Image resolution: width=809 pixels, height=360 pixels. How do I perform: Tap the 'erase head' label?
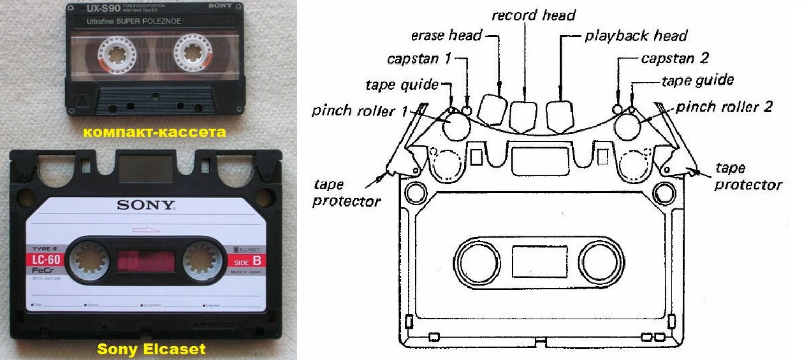click(x=446, y=35)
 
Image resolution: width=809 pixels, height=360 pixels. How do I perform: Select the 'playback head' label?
click(x=636, y=35)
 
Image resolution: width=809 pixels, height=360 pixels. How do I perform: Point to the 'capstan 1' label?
click(x=419, y=59)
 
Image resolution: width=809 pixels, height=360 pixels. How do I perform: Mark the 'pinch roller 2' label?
click(x=724, y=106)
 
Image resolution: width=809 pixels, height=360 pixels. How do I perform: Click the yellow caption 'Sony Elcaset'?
click(x=151, y=349)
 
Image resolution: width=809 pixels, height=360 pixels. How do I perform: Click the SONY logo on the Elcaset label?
click(x=145, y=205)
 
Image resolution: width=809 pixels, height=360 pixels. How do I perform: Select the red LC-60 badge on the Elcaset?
click(x=46, y=259)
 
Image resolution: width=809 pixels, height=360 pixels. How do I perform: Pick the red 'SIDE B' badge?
click(x=245, y=260)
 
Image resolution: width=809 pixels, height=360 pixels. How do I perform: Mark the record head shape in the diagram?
click(x=525, y=115)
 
